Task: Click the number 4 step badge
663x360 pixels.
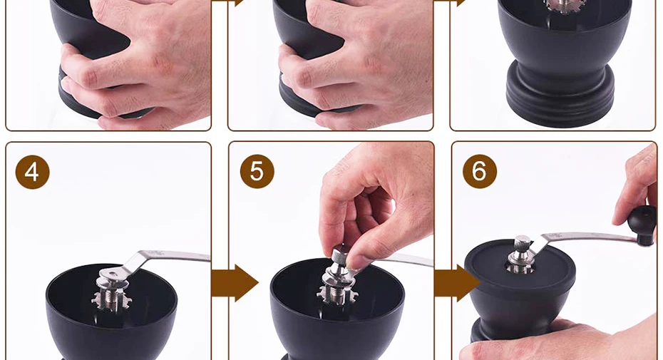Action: tap(33, 172)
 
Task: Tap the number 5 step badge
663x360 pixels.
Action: tap(257, 171)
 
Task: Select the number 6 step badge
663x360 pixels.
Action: tap(480, 171)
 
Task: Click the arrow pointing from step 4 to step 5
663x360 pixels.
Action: tap(235, 282)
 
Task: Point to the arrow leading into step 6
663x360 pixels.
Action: tap(457, 282)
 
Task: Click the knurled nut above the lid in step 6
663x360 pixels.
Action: tap(523, 245)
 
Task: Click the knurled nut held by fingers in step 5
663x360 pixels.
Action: tap(340, 257)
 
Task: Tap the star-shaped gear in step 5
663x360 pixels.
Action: tap(337, 293)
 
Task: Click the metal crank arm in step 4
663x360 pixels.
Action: tap(165, 262)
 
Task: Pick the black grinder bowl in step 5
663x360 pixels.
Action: tap(337, 311)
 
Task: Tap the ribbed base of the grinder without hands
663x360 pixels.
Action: tap(560, 93)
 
